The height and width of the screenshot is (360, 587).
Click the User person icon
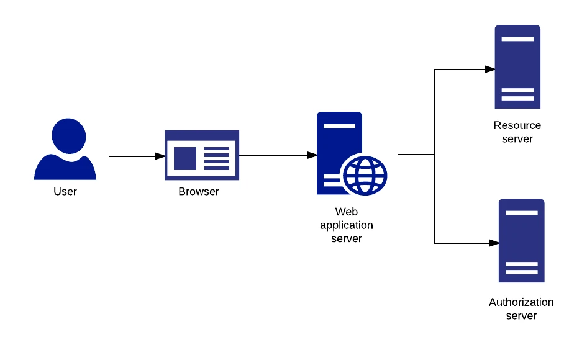point(65,152)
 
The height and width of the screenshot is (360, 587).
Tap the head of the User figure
point(68,136)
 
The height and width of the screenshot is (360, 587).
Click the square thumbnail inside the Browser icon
point(185,158)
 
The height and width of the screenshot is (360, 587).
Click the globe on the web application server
point(365,174)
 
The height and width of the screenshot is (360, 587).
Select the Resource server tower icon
point(517,67)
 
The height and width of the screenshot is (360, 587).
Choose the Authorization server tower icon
point(521,241)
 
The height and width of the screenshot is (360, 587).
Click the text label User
point(65,192)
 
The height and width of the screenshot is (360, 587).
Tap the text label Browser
point(199,192)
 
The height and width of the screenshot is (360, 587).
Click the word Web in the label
point(347,212)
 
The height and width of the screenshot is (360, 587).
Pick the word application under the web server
point(347,225)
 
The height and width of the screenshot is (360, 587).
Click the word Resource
point(517,125)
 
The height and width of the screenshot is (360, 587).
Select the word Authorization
point(521,303)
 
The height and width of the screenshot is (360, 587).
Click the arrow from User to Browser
point(137,156)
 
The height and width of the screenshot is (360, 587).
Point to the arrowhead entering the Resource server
point(490,70)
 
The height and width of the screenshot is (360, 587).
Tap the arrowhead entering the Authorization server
point(494,243)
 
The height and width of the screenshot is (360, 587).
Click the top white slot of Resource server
point(517,39)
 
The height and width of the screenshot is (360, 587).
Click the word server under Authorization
point(521,316)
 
